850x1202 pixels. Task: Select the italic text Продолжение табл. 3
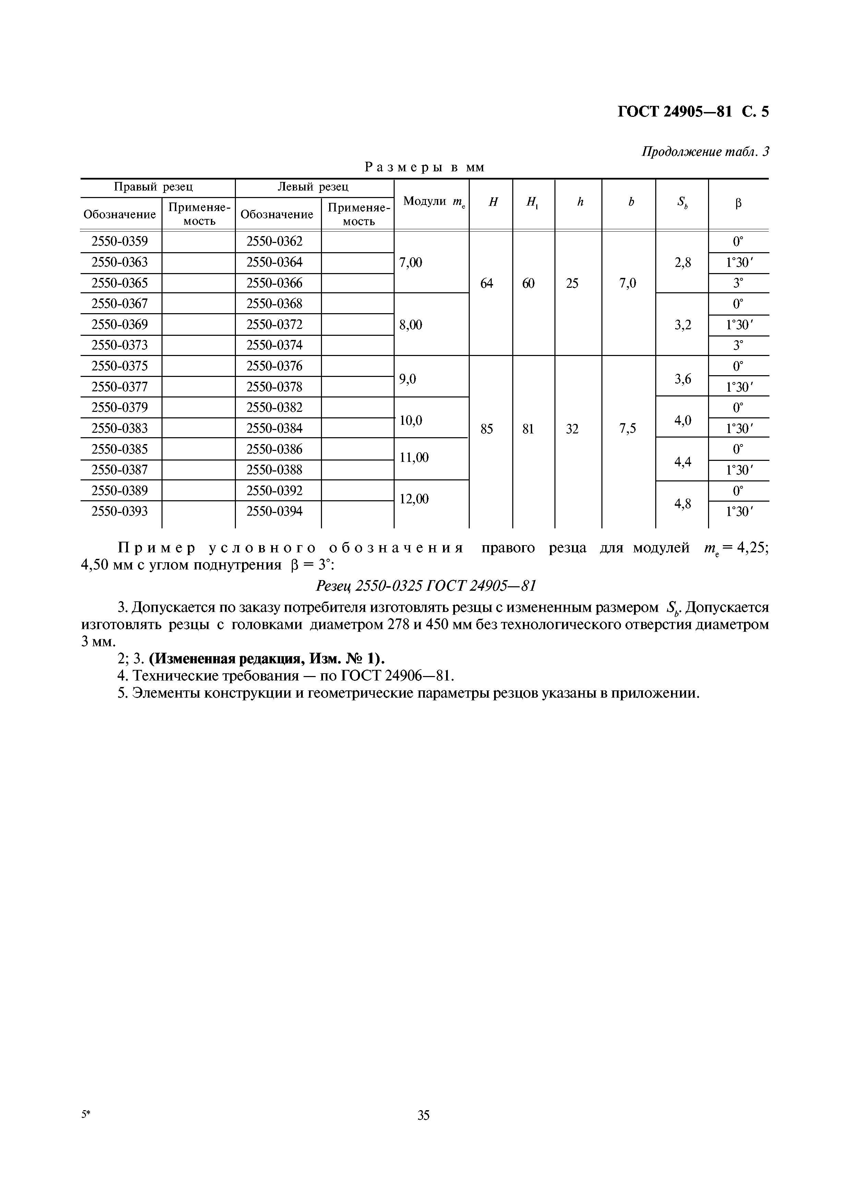705,152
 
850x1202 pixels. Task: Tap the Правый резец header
154,187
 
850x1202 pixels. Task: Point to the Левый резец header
313,187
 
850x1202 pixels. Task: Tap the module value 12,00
414,499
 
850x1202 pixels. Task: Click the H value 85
487,429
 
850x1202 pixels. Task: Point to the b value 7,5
627,429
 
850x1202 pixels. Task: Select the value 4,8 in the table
682,504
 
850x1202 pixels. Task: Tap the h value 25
572,283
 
